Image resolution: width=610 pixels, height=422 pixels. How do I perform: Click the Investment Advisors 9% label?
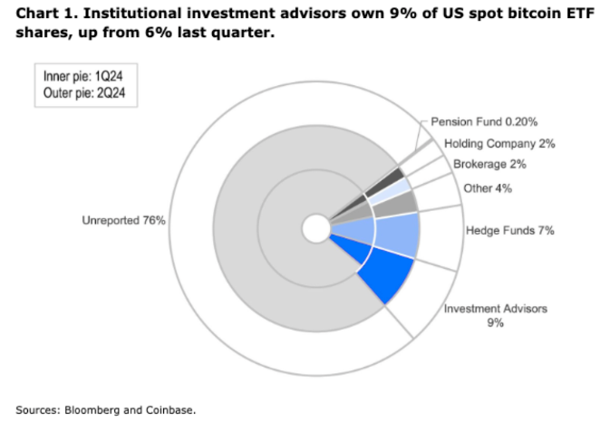pyautogui.click(x=496, y=315)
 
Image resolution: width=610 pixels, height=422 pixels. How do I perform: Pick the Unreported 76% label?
pyautogui.click(x=123, y=220)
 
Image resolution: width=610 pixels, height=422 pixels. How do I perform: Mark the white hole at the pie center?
pyautogui.click(x=316, y=228)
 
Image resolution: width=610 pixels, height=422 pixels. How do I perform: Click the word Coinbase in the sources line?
pyautogui.click(x=168, y=408)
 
